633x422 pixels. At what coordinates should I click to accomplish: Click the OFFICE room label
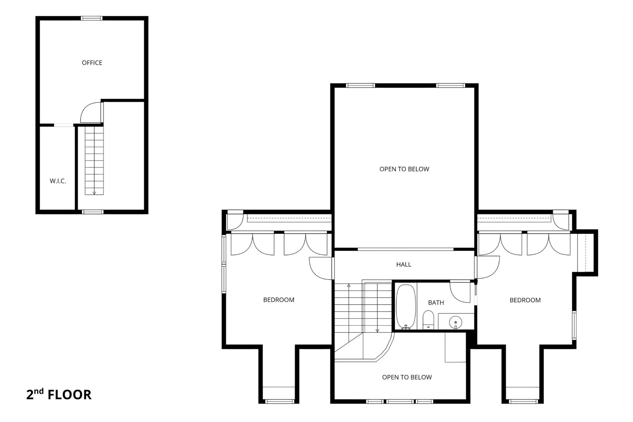point(92,63)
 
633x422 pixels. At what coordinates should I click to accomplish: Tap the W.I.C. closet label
point(58,181)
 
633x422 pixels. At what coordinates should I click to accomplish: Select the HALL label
point(404,264)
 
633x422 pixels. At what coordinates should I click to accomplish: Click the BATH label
point(436,303)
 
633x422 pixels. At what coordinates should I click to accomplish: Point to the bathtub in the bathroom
point(406,306)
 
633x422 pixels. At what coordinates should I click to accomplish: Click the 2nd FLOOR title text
point(59,395)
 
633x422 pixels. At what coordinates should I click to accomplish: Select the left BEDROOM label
point(278,300)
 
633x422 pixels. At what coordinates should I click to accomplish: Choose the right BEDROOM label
point(525,300)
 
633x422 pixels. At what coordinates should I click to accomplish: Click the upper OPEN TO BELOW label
point(404,169)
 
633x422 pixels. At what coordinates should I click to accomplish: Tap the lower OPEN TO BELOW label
point(407,377)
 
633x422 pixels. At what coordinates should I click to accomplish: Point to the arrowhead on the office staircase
point(94,193)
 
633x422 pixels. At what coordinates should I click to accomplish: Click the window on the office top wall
point(91,18)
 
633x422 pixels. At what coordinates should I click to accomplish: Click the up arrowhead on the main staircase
point(349,285)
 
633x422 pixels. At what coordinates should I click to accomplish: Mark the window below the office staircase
point(92,212)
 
